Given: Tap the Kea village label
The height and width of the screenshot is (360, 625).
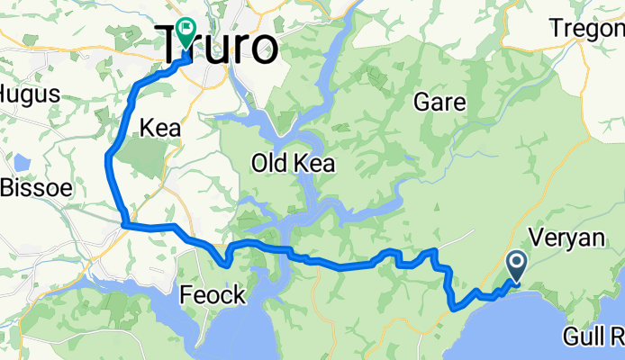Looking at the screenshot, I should [159, 129].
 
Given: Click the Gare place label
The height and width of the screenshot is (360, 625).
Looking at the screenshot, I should [439, 103].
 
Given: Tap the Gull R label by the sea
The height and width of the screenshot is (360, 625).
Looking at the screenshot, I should [593, 337].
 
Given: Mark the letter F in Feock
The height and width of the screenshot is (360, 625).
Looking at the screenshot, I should [186, 294].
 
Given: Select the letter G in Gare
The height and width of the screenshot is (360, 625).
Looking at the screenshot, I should [421, 103].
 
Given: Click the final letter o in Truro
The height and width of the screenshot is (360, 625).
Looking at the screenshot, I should [264, 49].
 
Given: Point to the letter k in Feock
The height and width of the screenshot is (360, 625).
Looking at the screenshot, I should [235, 294].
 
